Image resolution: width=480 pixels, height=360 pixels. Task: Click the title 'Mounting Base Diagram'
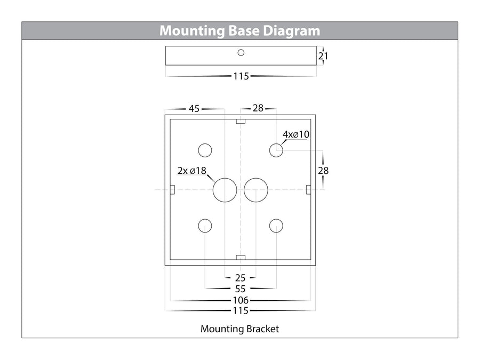pos(240,30)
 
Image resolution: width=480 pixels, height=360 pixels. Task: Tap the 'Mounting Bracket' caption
pos(239,329)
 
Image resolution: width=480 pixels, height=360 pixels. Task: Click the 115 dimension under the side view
pos(241,76)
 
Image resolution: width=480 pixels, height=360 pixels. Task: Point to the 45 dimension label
pos(194,109)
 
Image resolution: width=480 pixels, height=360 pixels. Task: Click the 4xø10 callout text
pos(297,134)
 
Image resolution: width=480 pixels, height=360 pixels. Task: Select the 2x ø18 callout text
pos(192,171)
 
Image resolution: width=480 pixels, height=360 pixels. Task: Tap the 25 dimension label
pos(240,278)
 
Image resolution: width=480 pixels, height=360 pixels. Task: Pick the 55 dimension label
pos(241,290)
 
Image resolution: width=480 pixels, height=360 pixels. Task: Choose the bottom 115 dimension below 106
pos(241,311)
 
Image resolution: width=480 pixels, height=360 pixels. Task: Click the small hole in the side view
pos(241,53)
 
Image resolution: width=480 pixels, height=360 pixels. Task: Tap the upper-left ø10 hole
pos(205,150)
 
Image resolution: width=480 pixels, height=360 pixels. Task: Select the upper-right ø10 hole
pos(276,150)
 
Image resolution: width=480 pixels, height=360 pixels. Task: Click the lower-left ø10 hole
pos(205,226)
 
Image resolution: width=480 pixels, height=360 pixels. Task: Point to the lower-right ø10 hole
pos(276,226)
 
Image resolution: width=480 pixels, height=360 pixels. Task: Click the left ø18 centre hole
pos(225,190)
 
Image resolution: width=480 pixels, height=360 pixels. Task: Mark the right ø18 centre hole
pos(256,190)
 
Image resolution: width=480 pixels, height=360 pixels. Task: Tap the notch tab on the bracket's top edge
pos(241,121)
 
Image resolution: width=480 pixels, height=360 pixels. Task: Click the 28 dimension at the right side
pos(323,171)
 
